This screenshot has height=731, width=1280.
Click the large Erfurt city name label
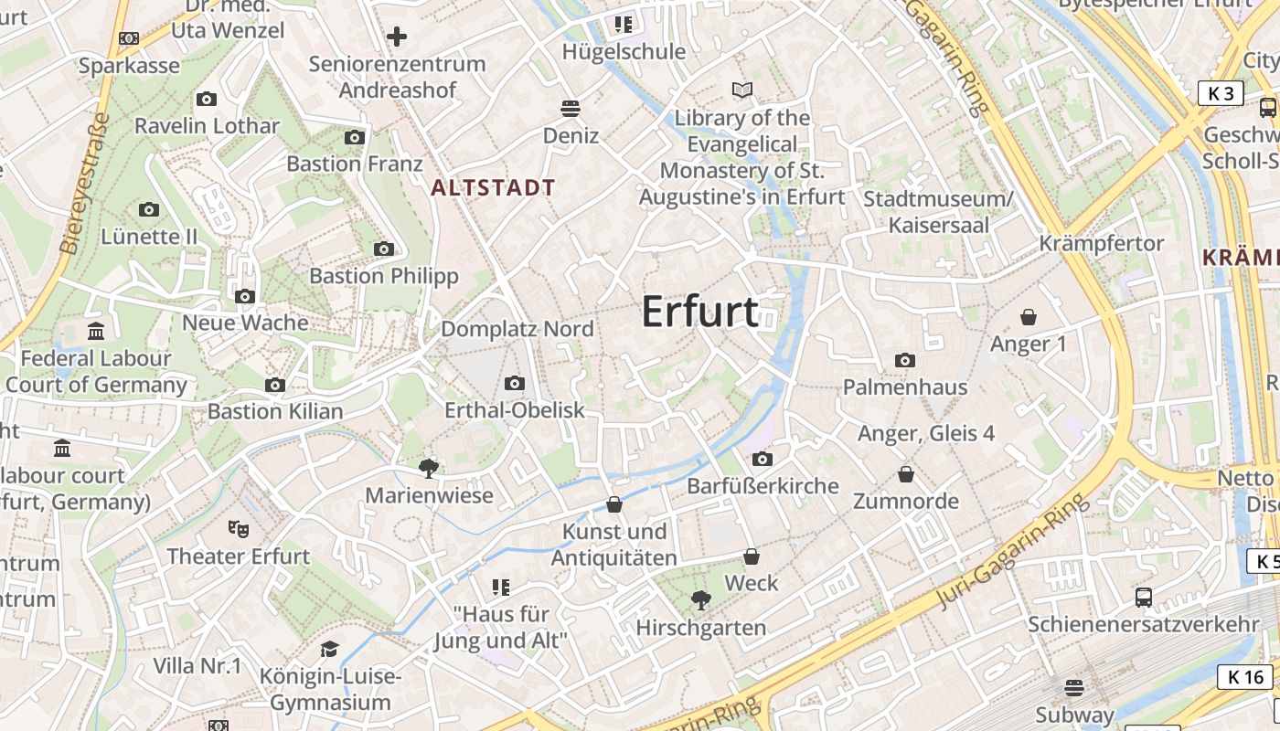pyautogui.click(x=699, y=312)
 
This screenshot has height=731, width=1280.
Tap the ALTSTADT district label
pyautogui.click(x=493, y=188)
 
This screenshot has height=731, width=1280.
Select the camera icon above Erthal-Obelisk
pyautogui.click(x=515, y=383)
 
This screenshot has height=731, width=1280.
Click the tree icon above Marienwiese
pyautogui.click(x=428, y=469)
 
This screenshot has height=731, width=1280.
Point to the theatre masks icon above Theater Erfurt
pyautogui.click(x=239, y=528)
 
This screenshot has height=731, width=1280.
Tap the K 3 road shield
pyautogui.click(x=1221, y=93)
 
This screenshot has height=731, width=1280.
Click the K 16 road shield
pyautogui.click(x=1245, y=677)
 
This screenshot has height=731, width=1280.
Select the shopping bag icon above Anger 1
pyautogui.click(x=1029, y=317)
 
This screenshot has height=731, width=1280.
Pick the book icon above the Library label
pyautogui.click(x=742, y=90)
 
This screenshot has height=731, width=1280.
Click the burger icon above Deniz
pyautogui.click(x=571, y=109)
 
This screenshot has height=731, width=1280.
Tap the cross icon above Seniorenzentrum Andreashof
pyautogui.click(x=397, y=37)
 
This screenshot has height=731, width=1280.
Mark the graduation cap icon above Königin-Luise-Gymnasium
pyautogui.click(x=329, y=649)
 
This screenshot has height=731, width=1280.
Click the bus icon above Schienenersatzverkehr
pyautogui.click(x=1144, y=598)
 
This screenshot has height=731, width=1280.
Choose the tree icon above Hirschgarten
pyautogui.click(x=701, y=600)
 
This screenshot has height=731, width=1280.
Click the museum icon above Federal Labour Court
pyautogui.click(x=96, y=331)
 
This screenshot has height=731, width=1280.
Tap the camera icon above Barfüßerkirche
pyautogui.click(x=763, y=459)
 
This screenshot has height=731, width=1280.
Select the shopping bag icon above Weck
pyautogui.click(x=752, y=556)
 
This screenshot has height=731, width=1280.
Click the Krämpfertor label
pyautogui.click(x=1102, y=243)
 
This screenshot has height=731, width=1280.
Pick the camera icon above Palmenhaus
pyautogui.click(x=905, y=360)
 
